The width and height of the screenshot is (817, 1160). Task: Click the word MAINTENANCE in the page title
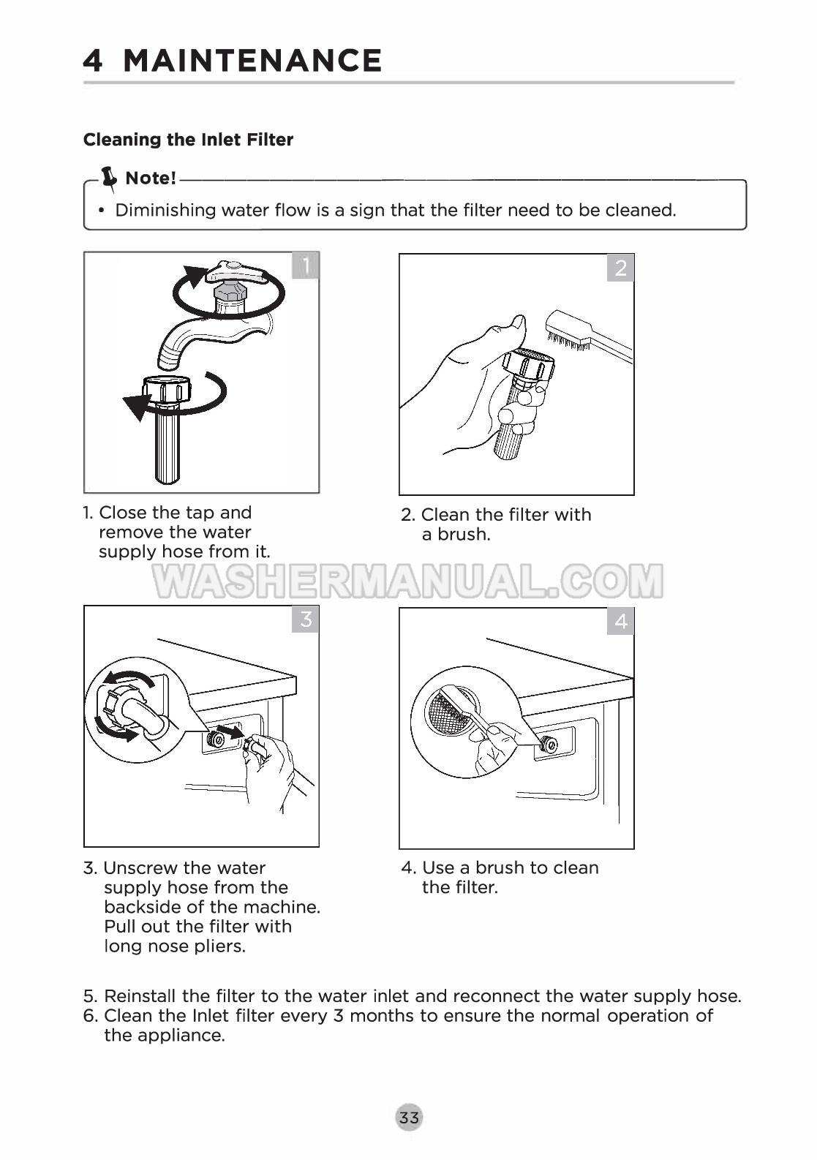(x=252, y=61)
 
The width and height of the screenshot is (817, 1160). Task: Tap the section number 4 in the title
(x=93, y=61)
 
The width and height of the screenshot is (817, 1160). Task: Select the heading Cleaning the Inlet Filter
(x=188, y=139)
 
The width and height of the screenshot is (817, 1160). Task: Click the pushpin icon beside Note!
(x=109, y=178)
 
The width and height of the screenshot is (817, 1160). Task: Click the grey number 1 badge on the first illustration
(x=306, y=265)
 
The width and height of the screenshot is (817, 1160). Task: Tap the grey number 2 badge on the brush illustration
(x=620, y=268)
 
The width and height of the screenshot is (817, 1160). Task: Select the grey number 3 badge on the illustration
(x=306, y=619)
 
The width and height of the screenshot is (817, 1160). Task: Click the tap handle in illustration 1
(x=236, y=271)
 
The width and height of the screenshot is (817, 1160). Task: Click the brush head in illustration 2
(x=568, y=331)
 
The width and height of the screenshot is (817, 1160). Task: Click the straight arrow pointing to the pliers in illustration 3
(x=229, y=731)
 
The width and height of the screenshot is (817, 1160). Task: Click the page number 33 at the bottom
(x=409, y=1118)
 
